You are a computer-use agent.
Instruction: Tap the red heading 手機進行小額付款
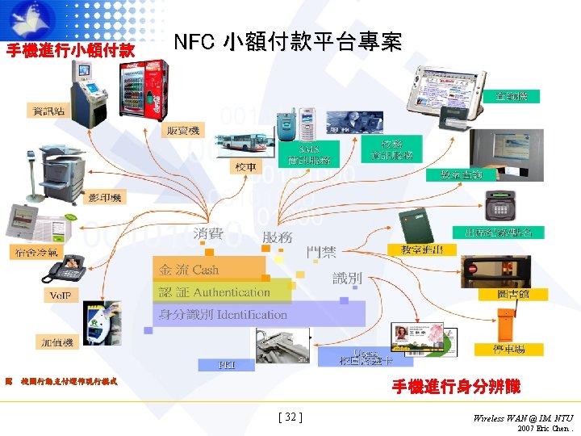(70, 50)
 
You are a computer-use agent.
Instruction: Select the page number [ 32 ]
(290, 417)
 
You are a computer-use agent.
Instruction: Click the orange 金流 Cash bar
(209, 269)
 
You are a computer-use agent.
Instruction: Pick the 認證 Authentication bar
(222, 292)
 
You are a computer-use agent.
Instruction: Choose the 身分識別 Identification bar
(258, 315)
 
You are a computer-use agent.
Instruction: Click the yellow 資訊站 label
(49, 111)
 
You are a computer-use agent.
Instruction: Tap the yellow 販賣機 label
(185, 130)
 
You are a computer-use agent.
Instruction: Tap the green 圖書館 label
(513, 294)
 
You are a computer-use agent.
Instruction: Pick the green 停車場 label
(509, 350)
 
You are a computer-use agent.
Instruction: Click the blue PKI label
(227, 365)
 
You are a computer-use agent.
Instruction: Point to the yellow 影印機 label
(105, 198)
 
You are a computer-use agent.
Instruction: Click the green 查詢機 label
(512, 96)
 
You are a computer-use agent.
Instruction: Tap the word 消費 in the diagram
(208, 234)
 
